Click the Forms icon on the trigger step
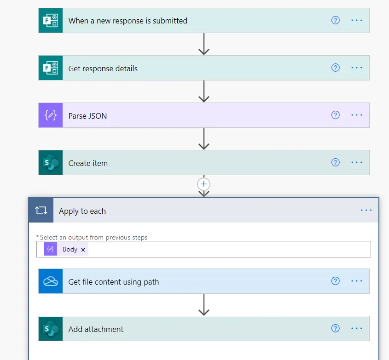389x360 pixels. tap(50, 21)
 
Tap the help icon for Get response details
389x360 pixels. tap(336, 68)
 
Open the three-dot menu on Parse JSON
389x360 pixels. tap(357, 115)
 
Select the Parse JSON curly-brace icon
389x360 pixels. tap(50, 115)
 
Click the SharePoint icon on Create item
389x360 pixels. tap(50, 163)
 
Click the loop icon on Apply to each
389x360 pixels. tap(41, 211)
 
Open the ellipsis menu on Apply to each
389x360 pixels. tap(366, 210)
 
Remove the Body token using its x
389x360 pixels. tap(83, 250)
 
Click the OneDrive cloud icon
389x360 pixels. tap(50, 281)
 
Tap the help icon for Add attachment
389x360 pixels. tap(336, 328)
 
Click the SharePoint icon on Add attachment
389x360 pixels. tap(50, 329)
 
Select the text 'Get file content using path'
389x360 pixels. tap(114, 282)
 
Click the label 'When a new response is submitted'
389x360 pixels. tap(128, 21)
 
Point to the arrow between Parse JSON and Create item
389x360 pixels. tap(203, 138)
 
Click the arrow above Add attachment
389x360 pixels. tap(203, 304)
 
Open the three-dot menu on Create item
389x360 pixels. tap(357, 162)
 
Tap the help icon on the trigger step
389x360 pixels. tap(336, 20)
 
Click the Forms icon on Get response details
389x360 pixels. tap(50, 68)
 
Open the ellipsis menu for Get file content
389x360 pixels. tap(357, 281)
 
